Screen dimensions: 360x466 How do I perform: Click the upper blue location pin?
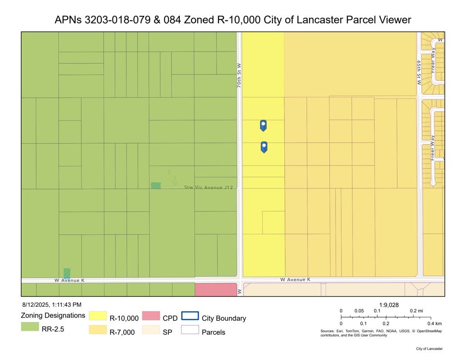[263, 125]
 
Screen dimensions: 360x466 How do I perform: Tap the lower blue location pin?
[263, 147]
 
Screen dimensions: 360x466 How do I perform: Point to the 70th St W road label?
[239, 76]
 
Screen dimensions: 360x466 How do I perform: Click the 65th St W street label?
[419, 72]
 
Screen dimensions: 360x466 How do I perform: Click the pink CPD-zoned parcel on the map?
[216, 289]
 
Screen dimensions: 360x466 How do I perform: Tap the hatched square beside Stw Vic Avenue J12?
[156, 185]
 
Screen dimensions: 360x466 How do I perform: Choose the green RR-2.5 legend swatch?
[30, 326]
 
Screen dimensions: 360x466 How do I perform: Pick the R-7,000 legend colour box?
[97, 330]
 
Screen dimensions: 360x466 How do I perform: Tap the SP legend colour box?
[150, 330]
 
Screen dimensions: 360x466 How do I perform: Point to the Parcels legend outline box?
[190, 330]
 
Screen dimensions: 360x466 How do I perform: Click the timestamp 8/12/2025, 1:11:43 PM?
[51, 304]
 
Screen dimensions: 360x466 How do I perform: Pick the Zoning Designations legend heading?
[53, 315]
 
